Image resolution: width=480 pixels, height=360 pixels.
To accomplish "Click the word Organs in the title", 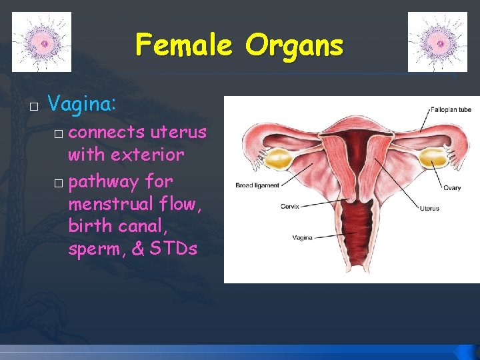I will pyautogui.click(x=294, y=45).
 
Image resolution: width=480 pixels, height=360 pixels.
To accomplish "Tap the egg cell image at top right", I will pyautogui.click(x=437, y=42).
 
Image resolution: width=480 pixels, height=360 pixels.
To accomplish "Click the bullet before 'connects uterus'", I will pyautogui.click(x=58, y=134).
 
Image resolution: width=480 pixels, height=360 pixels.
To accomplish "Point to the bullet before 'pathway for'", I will pyautogui.click(x=58, y=183).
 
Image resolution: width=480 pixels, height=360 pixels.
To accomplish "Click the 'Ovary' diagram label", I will pyautogui.click(x=452, y=188).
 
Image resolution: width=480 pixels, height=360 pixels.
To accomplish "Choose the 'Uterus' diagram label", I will pyautogui.click(x=429, y=209).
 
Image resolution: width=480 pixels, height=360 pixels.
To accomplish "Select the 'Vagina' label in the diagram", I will pyautogui.click(x=303, y=237).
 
